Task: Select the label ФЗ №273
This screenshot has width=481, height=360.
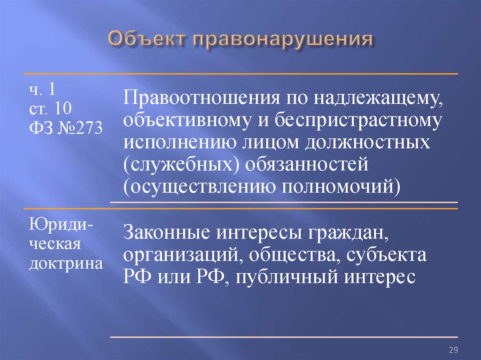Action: pyautogui.click(x=66, y=128)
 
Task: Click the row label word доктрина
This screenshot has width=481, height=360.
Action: pyautogui.click(x=66, y=264)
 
